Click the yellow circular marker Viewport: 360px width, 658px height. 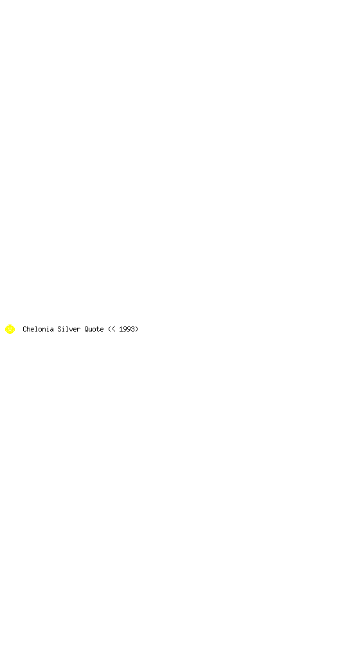[10, 329]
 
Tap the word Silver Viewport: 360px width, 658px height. [69, 329]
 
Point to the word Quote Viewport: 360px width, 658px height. [94, 329]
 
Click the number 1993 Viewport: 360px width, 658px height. [127, 329]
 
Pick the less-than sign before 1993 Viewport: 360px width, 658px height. [113, 329]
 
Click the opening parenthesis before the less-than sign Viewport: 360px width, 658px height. [109, 329]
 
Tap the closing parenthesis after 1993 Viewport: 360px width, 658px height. [137, 329]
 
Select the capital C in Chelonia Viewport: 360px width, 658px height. [24, 329]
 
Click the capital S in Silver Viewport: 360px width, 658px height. [59, 329]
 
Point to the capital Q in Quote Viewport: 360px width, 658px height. [86, 329]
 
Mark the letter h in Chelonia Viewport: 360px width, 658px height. [28, 329]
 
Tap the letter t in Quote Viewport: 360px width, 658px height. [98, 329]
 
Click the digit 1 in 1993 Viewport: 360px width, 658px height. [121, 329]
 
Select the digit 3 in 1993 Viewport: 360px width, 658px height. [132, 329]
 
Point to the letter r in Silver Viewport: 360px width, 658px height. [79, 330]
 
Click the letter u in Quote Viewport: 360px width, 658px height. [90, 330]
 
